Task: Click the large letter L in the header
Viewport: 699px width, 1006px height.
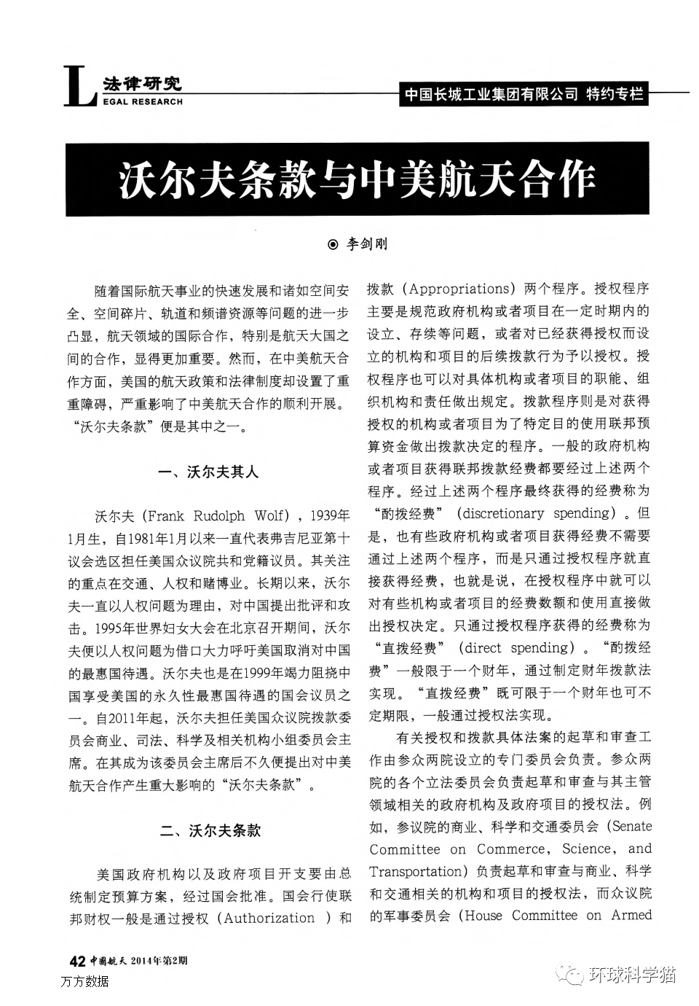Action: (x=79, y=87)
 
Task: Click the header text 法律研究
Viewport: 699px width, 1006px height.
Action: (x=142, y=83)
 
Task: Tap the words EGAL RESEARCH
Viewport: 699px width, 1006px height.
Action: (x=143, y=102)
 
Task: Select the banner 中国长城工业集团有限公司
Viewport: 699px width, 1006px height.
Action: (x=491, y=95)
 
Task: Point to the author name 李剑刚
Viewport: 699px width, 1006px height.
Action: (x=367, y=244)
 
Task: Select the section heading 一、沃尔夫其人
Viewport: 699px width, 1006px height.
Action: (x=208, y=472)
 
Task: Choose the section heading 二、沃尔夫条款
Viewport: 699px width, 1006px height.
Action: (x=210, y=830)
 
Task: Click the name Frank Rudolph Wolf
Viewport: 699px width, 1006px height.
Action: (x=216, y=516)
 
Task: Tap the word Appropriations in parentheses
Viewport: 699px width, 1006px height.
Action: (x=459, y=289)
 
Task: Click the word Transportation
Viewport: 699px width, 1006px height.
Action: (x=416, y=872)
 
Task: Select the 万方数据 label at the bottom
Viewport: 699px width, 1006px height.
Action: (x=85, y=981)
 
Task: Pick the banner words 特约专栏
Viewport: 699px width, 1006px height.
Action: (x=615, y=95)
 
